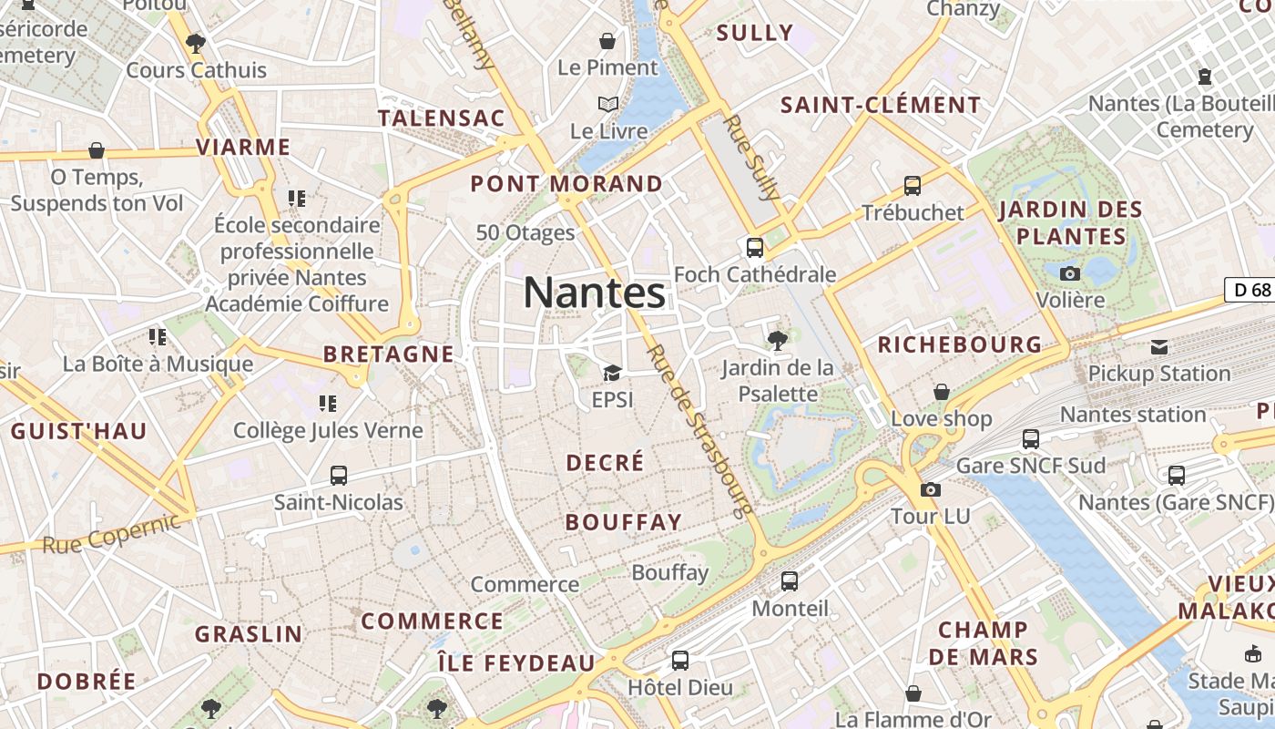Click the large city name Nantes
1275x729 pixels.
[594, 293]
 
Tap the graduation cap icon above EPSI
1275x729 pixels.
[612, 373]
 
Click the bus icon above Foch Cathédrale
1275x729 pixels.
[754, 247]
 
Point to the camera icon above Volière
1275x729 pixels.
[1070, 272]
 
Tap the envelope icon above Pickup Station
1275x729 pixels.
[1159, 346]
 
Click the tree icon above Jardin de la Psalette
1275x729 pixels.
[777, 341]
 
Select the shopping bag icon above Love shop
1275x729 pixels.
[941, 392]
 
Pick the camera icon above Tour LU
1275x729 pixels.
[930, 489]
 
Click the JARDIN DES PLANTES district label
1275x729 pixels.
[1071, 223]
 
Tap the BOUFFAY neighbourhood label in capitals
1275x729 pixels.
[624, 522]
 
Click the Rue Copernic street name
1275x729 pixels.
[111, 534]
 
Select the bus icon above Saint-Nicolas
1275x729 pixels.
[339, 475]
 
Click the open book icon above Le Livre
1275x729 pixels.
[608, 104]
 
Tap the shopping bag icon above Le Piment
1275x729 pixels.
[607, 41]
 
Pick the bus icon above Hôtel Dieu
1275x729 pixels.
[679, 660]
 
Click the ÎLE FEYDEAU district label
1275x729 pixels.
[515, 662]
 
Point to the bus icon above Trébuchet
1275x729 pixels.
[913, 186]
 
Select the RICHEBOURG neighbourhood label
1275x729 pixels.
[960, 344]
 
